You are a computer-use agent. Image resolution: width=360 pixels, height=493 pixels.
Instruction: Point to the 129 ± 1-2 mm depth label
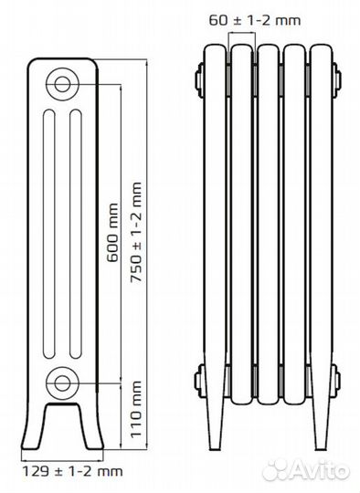pos(70,471)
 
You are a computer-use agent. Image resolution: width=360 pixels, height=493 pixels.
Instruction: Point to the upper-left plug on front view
pos(198,79)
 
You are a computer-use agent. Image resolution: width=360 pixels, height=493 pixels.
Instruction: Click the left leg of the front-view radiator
pos(213,425)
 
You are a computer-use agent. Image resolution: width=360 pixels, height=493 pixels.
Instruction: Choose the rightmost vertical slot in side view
pos(78,233)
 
